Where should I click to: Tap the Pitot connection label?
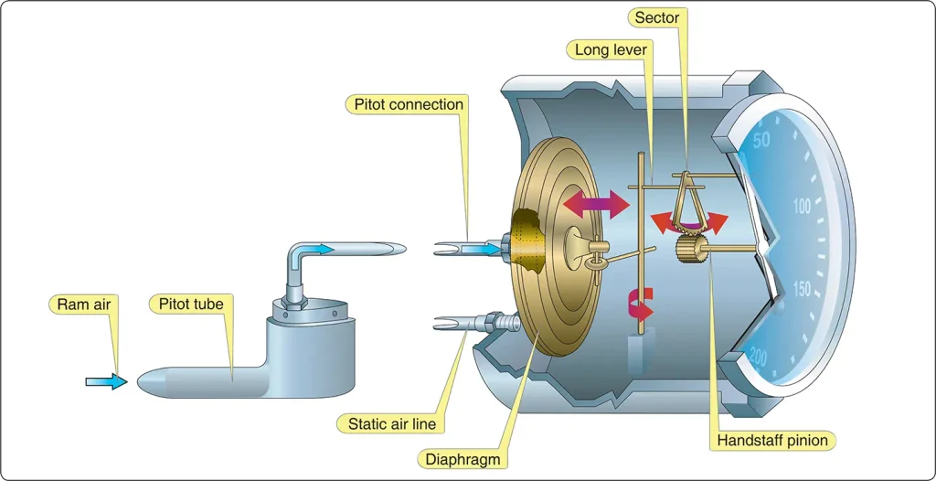409,104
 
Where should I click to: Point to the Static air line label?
392,424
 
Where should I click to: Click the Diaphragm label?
463,459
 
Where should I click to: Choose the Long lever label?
611,49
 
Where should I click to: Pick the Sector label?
656,18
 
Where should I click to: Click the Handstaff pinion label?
772,441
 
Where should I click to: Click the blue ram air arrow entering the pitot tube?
107,381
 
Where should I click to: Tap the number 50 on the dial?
761,140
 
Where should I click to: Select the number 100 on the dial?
802,208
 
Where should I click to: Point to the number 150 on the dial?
800,290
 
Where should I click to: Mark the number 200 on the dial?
758,358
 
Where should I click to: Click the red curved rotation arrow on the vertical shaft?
643,305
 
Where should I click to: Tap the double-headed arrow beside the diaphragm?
596,204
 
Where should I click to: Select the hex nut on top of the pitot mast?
292,305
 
